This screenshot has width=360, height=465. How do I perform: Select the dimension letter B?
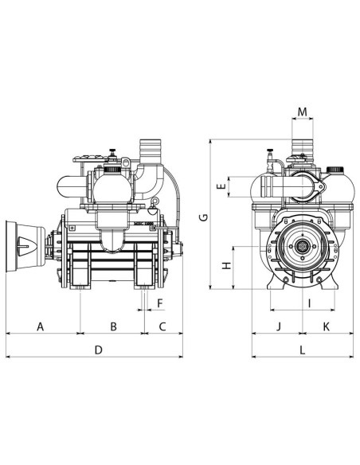pos(113,326)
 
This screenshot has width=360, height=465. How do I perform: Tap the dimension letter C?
pos(162,326)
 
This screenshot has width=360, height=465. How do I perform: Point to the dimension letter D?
pos(99,350)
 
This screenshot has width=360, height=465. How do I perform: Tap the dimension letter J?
pos(278,326)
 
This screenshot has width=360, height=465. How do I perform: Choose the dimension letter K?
pos(327,326)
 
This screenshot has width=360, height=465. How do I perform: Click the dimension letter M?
pos(302,110)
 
